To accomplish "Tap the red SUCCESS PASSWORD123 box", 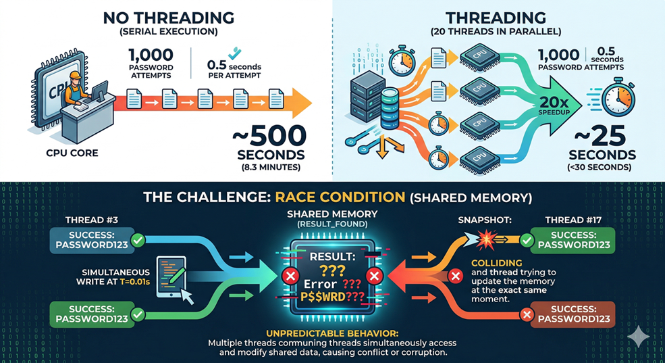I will [573, 314].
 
